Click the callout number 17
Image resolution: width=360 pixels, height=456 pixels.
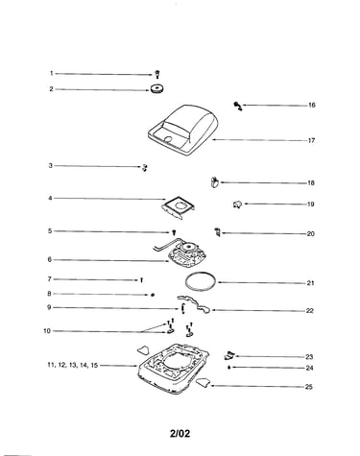tap(311, 140)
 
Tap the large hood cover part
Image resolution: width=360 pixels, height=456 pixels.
tap(183, 131)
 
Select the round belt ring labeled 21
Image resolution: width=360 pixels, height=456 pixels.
tap(201, 281)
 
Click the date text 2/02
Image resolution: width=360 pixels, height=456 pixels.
tap(180, 434)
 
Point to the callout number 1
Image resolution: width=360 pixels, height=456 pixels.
tap(51, 73)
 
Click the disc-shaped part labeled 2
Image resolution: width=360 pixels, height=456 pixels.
tap(156, 89)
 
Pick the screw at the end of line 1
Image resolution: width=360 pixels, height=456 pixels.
tap(157, 75)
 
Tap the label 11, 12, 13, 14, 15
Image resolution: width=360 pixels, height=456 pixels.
tap(73, 365)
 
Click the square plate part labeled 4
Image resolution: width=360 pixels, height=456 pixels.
tap(179, 208)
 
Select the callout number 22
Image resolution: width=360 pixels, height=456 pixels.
tap(310, 311)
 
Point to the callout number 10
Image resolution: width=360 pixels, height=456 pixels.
tap(47, 331)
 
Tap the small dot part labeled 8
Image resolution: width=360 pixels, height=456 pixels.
tap(153, 295)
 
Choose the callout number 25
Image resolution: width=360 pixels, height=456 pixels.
tap(308, 387)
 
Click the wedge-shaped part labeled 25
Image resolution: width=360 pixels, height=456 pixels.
tap(203, 382)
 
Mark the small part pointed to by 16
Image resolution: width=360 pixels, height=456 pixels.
tap(238, 106)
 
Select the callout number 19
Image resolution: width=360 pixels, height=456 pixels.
tap(310, 204)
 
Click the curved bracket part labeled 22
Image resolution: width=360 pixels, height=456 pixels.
tap(194, 304)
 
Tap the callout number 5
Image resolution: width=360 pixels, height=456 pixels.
tap(50, 231)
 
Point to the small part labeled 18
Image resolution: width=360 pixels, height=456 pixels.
tap(214, 182)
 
